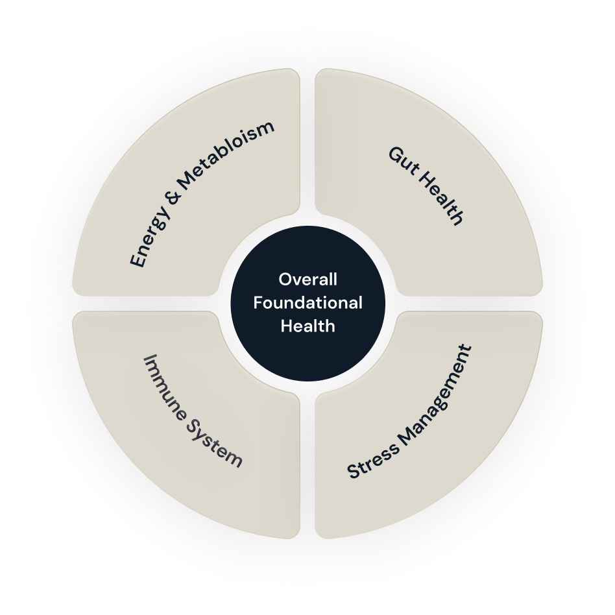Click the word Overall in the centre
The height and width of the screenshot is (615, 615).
pyautogui.click(x=307, y=280)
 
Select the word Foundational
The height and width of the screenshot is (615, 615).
pyautogui.click(x=307, y=302)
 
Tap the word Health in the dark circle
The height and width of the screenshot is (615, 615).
pyautogui.click(x=307, y=326)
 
